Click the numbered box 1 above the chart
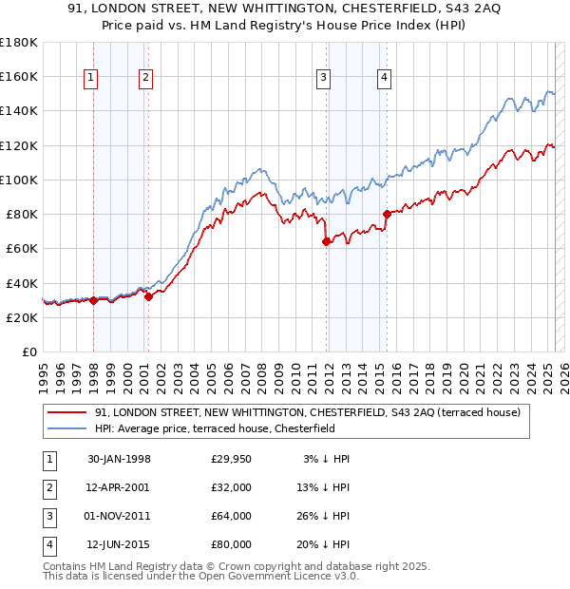[x=91, y=79]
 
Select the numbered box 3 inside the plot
[x=324, y=79]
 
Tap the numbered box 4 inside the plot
[x=384, y=79]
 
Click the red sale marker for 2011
[x=327, y=241]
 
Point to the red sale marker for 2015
[x=387, y=214]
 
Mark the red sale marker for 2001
[x=148, y=296]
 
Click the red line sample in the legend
[x=67, y=413]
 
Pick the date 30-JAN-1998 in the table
[x=119, y=459]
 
